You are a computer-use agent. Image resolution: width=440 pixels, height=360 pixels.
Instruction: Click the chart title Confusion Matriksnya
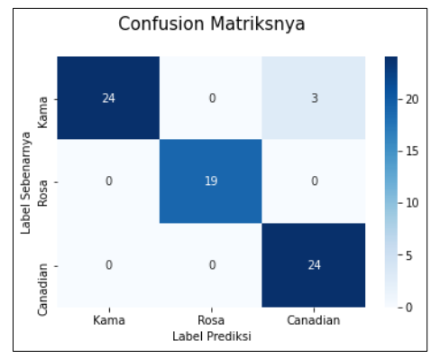coord(212,24)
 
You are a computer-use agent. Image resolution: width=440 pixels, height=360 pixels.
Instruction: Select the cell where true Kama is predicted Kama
coord(109,97)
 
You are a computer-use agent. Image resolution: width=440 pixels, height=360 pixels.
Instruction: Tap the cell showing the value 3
coord(315,97)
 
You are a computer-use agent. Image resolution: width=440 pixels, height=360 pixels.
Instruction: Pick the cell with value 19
coord(212,181)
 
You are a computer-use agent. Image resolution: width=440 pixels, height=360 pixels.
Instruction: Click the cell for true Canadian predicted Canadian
coord(315,265)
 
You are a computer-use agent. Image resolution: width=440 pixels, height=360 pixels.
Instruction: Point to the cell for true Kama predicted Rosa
coord(212,97)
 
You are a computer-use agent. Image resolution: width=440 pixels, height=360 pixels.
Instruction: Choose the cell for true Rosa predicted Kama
coord(109,181)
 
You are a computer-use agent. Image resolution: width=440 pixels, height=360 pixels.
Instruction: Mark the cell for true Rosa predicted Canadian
coord(315,181)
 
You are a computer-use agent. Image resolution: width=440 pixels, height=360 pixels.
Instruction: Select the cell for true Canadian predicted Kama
coord(109,265)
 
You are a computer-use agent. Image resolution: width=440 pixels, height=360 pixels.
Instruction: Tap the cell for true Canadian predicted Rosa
coord(212,265)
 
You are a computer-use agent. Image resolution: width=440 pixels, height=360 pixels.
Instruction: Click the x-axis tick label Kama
coord(109,320)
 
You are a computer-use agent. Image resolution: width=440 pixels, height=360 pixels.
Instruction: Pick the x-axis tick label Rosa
coord(212,320)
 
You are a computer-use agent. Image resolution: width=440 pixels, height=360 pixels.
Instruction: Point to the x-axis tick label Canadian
coord(315,320)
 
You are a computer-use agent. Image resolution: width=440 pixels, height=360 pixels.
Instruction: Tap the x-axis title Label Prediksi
coord(212,335)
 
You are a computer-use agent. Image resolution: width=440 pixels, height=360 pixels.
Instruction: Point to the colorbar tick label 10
coord(411,203)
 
